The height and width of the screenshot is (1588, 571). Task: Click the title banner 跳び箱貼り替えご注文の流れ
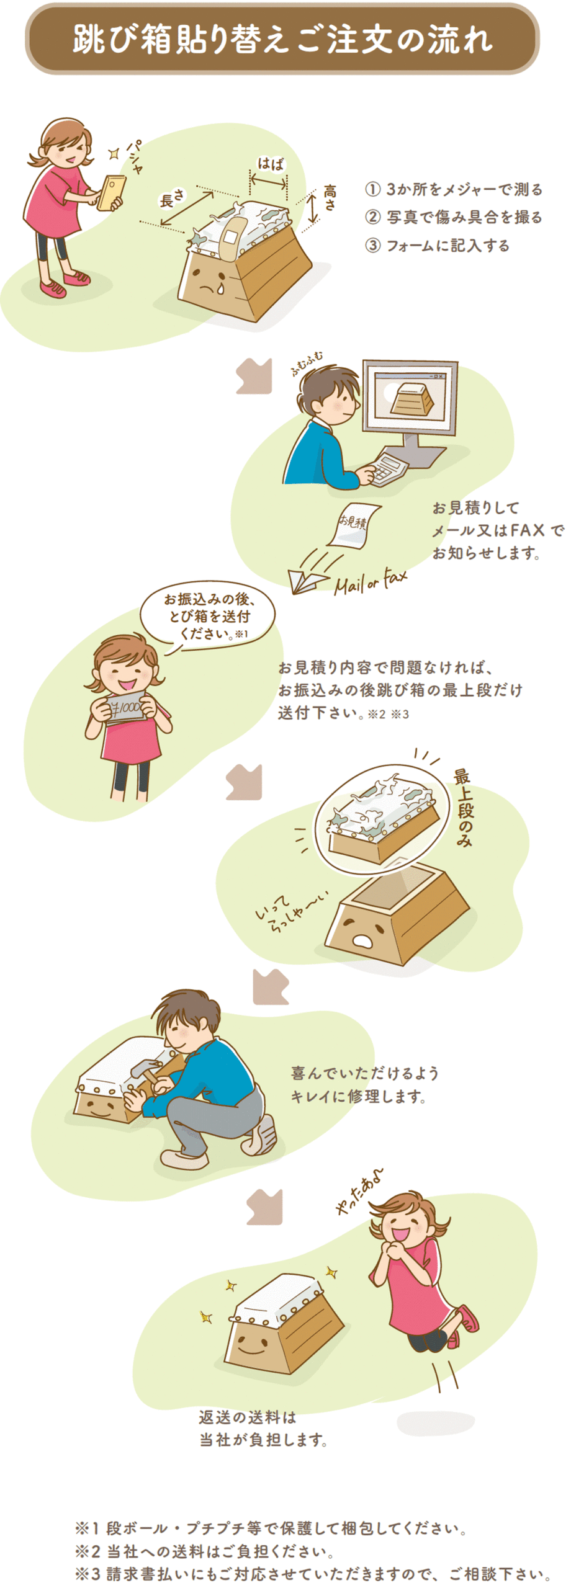tap(282, 38)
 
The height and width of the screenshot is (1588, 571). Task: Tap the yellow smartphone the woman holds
tap(112, 194)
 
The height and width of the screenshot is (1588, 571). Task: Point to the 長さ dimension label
tap(172, 198)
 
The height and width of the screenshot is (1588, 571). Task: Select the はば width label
tap(271, 164)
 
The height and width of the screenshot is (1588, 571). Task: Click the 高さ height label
tap(330, 198)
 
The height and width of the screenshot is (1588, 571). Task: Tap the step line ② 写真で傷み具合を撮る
tap(454, 217)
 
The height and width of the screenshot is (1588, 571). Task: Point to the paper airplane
tap(308, 581)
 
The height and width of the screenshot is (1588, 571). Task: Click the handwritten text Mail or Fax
tap(371, 582)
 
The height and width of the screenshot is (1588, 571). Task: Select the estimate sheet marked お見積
tap(354, 525)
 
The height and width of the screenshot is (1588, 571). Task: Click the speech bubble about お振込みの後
tap(207, 617)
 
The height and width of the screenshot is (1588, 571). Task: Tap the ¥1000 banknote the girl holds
tap(127, 707)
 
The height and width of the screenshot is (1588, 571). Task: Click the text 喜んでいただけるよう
tap(365, 1073)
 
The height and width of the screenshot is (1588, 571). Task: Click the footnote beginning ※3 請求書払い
tap(313, 1574)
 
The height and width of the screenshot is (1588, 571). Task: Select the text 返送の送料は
tap(248, 1417)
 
